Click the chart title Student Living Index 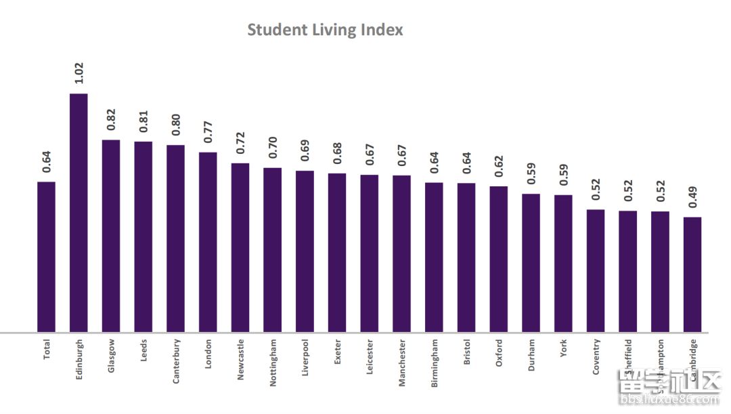(325, 30)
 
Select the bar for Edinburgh (79, 213)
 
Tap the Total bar (46, 257)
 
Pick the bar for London (208, 242)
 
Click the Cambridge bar (692, 274)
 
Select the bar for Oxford (499, 259)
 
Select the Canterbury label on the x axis (176, 361)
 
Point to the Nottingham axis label (273, 363)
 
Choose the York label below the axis (564, 348)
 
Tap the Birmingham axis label (435, 363)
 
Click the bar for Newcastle (240, 247)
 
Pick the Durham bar (531, 263)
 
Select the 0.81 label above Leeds (143, 123)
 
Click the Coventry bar (596, 271)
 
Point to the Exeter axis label (338, 352)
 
